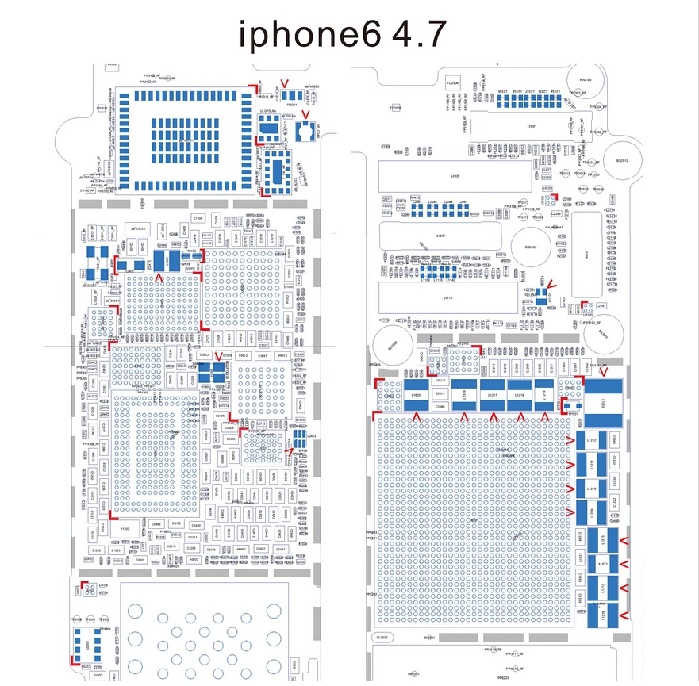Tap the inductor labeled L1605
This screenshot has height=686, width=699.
click(413, 394)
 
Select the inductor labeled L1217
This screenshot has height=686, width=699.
click(492, 394)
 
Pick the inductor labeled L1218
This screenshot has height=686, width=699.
click(519, 394)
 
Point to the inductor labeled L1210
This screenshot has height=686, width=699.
click(590, 512)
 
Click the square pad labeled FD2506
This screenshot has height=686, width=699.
click(453, 82)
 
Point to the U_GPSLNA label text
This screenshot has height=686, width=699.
click(270, 111)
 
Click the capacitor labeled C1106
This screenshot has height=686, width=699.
click(198, 217)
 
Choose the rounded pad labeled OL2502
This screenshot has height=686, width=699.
click(381, 638)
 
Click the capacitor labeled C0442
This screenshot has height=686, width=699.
click(156, 524)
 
